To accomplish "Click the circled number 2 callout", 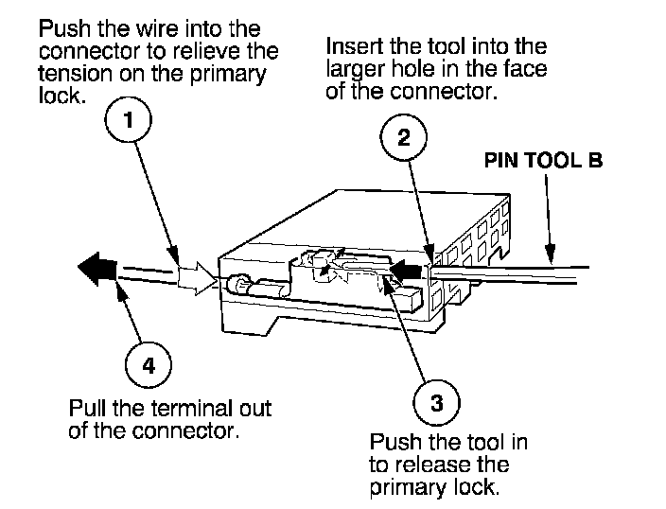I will pyautogui.click(x=403, y=138).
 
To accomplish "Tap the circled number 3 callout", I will pyautogui.click(x=436, y=403).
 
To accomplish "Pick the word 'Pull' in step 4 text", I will pyautogui.click(x=87, y=410).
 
